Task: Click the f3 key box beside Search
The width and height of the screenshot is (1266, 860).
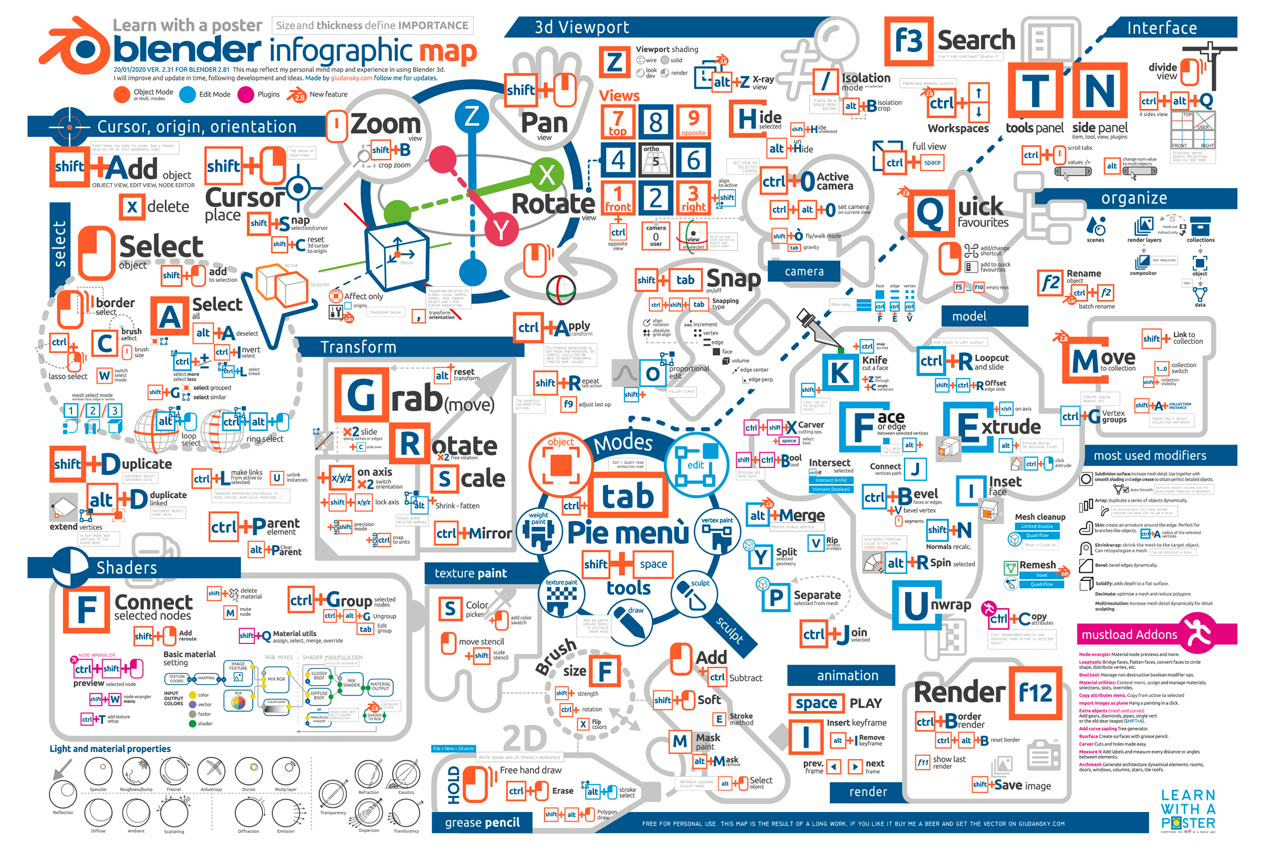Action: coord(908,41)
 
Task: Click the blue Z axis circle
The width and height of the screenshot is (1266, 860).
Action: coord(471,116)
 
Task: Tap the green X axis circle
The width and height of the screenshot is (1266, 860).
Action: coord(546,175)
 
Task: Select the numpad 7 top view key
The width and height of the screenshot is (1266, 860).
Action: coord(617,121)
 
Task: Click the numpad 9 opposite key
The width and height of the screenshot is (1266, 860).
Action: coord(693,121)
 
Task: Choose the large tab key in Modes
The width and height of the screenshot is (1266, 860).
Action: coord(627,496)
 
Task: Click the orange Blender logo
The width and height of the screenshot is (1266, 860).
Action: coord(76,48)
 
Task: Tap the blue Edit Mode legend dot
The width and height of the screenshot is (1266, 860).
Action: coord(187,95)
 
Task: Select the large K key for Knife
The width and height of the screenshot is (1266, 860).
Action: coord(840,373)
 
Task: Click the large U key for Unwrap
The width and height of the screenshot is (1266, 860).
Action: coord(916,605)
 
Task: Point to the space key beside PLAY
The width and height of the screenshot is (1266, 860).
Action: coord(815,703)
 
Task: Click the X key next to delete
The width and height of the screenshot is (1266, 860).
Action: coord(132,207)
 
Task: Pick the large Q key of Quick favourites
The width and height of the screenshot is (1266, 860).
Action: coord(930,213)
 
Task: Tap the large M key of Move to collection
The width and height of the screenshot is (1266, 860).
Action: coord(1085,361)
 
